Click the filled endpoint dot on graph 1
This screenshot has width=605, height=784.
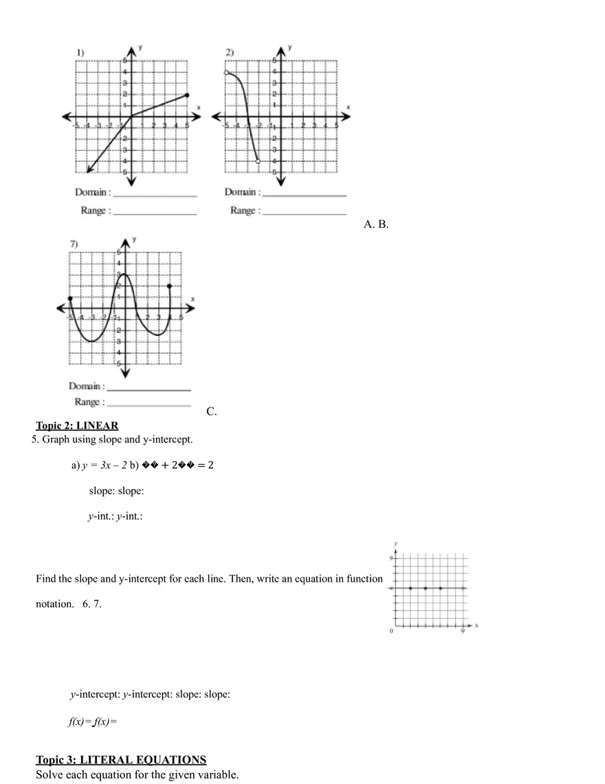[186, 95]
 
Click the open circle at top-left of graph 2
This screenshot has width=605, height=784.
[225, 72]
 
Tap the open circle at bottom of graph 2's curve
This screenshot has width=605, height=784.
[258, 161]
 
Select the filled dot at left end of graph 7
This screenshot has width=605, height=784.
[69, 298]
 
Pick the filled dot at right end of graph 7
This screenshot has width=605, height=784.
[169, 286]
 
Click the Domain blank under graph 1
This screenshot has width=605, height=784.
[155, 193]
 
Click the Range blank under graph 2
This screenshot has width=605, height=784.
[305, 212]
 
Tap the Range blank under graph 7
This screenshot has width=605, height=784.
[148, 403]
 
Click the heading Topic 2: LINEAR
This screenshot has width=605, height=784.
[77, 425]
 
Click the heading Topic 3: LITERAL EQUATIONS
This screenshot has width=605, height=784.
[121, 760]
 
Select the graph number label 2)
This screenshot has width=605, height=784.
[230, 52]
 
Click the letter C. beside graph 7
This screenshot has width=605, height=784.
[212, 412]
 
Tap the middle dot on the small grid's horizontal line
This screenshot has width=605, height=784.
[426, 588]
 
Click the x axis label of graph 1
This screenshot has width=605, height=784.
[198, 108]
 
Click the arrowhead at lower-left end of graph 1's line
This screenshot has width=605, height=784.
[89, 171]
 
